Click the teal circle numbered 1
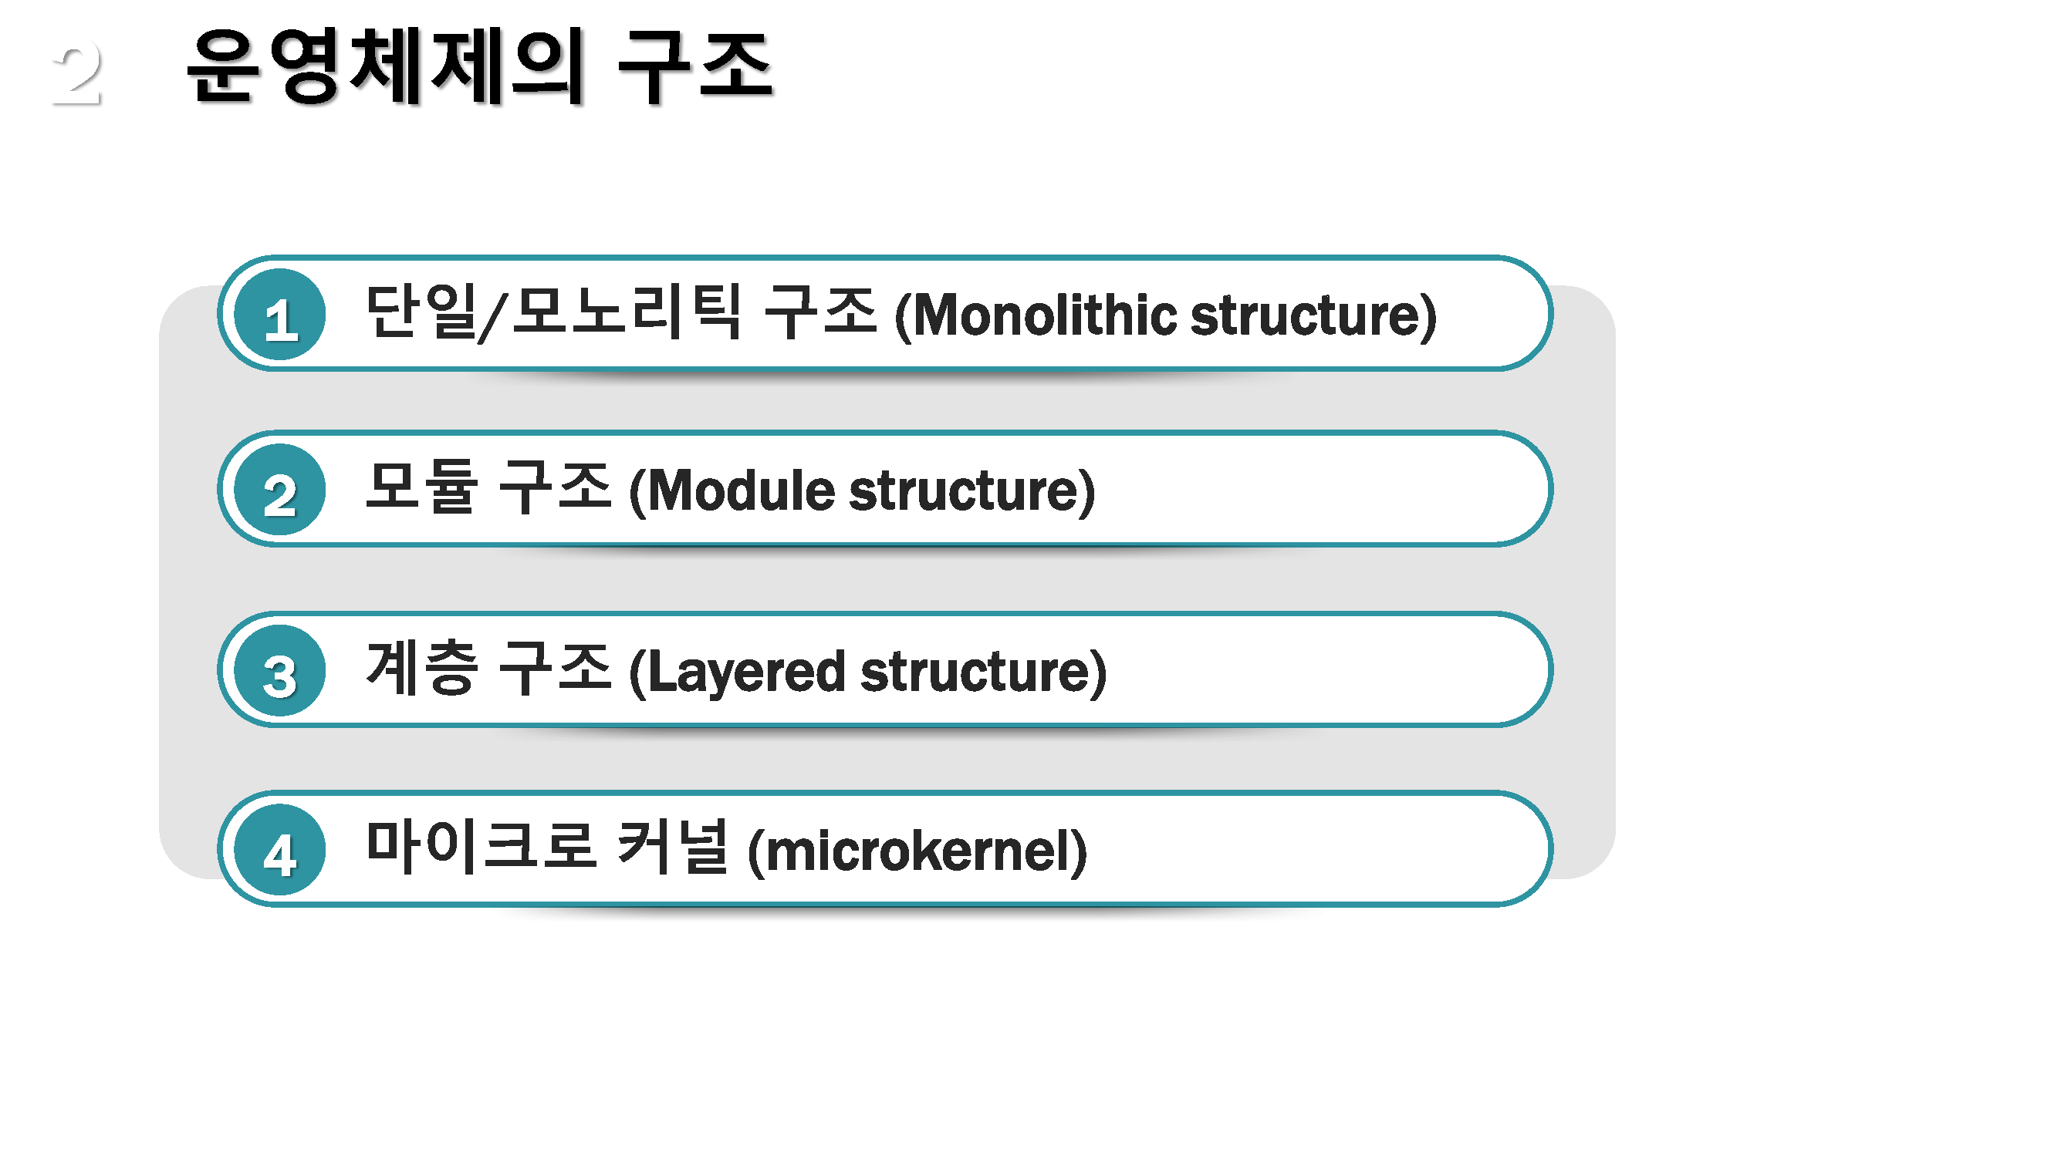coord(280,315)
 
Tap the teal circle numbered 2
coord(280,490)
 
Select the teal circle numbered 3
coord(280,670)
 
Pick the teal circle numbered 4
coord(280,850)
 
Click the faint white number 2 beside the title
coord(77,73)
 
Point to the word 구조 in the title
coord(695,67)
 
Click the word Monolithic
coord(1041,315)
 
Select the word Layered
coord(746,673)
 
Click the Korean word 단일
coord(421,312)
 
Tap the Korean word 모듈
coord(422,487)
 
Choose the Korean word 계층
coord(422,667)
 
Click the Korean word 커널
coord(673,846)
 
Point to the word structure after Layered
coord(975,673)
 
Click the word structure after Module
coord(964,490)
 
